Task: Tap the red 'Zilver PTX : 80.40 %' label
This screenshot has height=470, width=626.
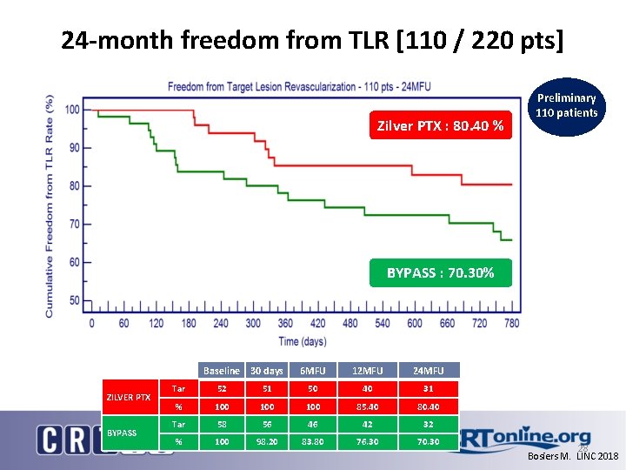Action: coord(440,126)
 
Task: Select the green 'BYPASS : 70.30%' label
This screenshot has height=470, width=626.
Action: coord(440,272)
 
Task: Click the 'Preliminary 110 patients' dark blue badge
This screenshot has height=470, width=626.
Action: coord(566,105)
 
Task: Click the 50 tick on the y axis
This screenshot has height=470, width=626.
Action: coord(74,300)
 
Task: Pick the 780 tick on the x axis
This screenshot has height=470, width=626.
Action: coord(511,323)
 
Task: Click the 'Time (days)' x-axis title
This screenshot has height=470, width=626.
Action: coord(302,340)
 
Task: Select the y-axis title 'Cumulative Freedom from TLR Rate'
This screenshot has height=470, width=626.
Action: coord(50,205)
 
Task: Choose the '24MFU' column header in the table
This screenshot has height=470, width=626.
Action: coord(429,371)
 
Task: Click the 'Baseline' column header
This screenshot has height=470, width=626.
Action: coord(221,371)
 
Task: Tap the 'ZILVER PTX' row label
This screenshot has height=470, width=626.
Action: coord(128,397)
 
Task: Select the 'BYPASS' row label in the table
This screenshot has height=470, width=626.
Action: coord(122,433)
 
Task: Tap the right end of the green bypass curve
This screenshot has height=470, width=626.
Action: coord(511,239)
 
